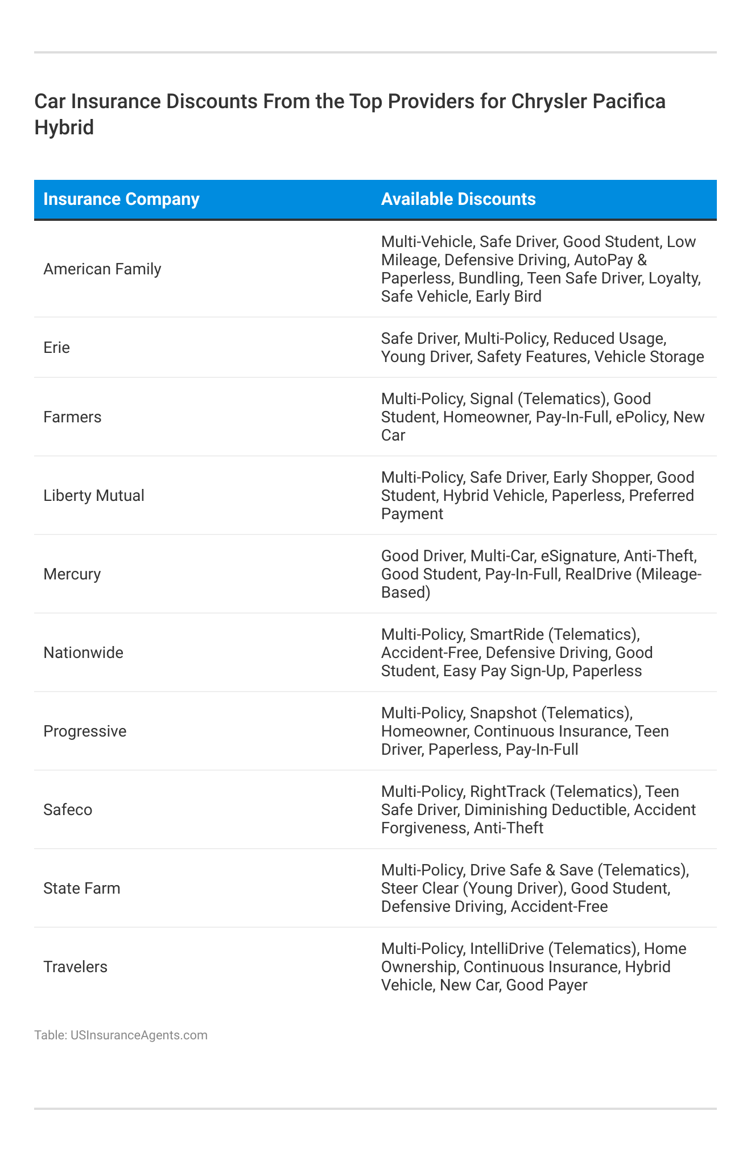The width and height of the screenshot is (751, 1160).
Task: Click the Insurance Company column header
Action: point(121,199)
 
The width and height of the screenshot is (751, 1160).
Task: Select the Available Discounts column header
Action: point(458,199)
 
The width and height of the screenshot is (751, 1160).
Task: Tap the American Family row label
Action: point(102,269)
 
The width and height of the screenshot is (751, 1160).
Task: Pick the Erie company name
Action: point(56,347)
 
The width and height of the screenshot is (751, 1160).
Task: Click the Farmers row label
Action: point(72,417)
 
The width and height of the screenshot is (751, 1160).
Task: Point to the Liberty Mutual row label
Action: point(94,496)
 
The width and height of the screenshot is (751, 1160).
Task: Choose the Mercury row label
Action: point(72,574)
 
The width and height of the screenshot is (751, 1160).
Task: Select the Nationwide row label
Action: point(83,652)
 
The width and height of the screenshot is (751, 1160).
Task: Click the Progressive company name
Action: point(85,731)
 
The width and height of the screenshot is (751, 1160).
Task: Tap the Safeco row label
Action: point(68,809)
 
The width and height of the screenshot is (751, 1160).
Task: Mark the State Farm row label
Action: point(82,888)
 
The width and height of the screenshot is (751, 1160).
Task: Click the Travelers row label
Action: point(75,966)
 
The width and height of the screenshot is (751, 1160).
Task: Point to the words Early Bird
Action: point(509,297)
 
